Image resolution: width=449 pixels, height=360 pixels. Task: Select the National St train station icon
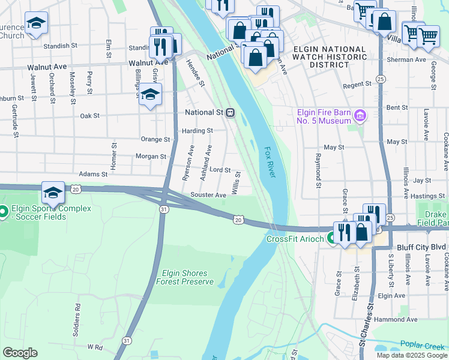click(x=230, y=112)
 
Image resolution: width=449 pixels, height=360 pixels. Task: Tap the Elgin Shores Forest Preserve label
click(x=184, y=277)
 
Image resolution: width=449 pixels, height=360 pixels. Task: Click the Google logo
click(x=20, y=352)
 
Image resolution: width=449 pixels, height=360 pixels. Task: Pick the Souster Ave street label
click(x=208, y=195)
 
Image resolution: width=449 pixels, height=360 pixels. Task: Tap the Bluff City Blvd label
click(x=421, y=247)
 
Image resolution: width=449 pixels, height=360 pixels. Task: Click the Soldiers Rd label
click(x=77, y=314)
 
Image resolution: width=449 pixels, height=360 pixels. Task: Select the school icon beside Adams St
click(x=53, y=192)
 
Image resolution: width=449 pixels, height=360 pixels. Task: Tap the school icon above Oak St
click(x=149, y=94)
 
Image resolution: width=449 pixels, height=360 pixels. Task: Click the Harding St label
click(x=197, y=130)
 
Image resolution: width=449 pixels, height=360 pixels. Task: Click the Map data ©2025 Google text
click(x=411, y=355)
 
